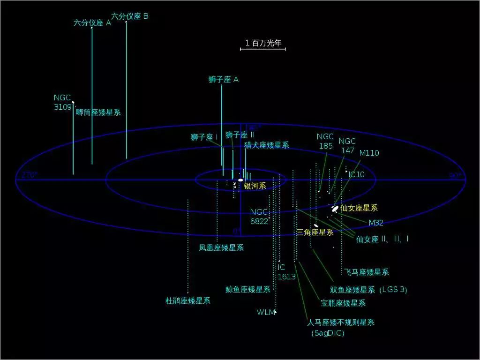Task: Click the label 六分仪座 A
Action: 92,22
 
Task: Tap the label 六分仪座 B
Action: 130,16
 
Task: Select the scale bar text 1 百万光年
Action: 263,43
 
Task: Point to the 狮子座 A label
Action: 224,80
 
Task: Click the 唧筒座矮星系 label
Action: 98,112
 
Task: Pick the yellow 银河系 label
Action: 255,186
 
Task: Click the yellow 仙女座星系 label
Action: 359,208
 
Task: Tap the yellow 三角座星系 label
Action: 315,232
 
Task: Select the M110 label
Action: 369,153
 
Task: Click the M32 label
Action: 376,223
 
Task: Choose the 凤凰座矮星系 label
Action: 221,247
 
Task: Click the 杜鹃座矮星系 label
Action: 188,300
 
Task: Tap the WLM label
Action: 265,312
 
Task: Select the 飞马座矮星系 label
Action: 367,272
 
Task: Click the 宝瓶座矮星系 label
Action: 343,303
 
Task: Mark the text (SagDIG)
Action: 328,333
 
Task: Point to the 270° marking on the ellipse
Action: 29,175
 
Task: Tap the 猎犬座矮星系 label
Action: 267,145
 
